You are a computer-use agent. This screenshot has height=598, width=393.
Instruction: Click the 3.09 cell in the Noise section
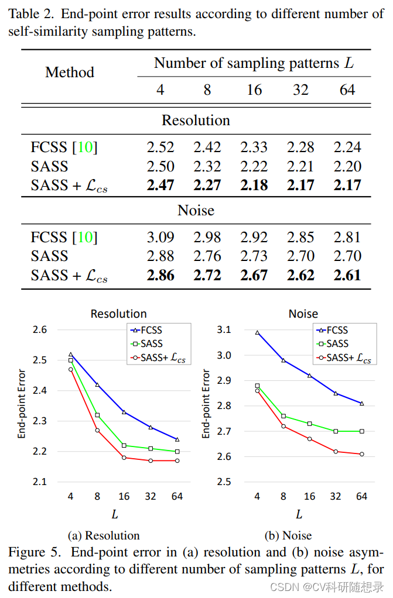click(x=160, y=238)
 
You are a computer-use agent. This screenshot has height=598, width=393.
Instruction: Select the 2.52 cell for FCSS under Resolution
click(x=160, y=147)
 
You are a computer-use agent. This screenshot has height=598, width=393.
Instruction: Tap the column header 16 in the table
click(x=254, y=91)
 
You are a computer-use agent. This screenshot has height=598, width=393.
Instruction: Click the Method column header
click(x=70, y=72)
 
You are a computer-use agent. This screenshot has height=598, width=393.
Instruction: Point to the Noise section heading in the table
click(x=196, y=210)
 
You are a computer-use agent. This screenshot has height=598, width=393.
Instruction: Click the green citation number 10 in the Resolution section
click(x=85, y=147)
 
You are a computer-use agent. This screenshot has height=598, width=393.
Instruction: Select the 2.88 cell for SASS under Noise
click(x=160, y=256)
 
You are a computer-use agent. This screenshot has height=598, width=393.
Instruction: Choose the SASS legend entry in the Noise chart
click(x=337, y=344)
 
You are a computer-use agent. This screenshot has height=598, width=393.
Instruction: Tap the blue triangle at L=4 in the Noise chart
click(x=257, y=333)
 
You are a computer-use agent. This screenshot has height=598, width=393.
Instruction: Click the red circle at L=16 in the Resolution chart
click(x=124, y=458)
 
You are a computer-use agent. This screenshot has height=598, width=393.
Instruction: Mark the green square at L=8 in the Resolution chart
click(x=97, y=415)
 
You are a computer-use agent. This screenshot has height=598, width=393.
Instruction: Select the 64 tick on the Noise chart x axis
click(x=362, y=496)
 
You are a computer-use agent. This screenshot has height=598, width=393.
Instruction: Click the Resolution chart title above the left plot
click(x=118, y=314)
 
